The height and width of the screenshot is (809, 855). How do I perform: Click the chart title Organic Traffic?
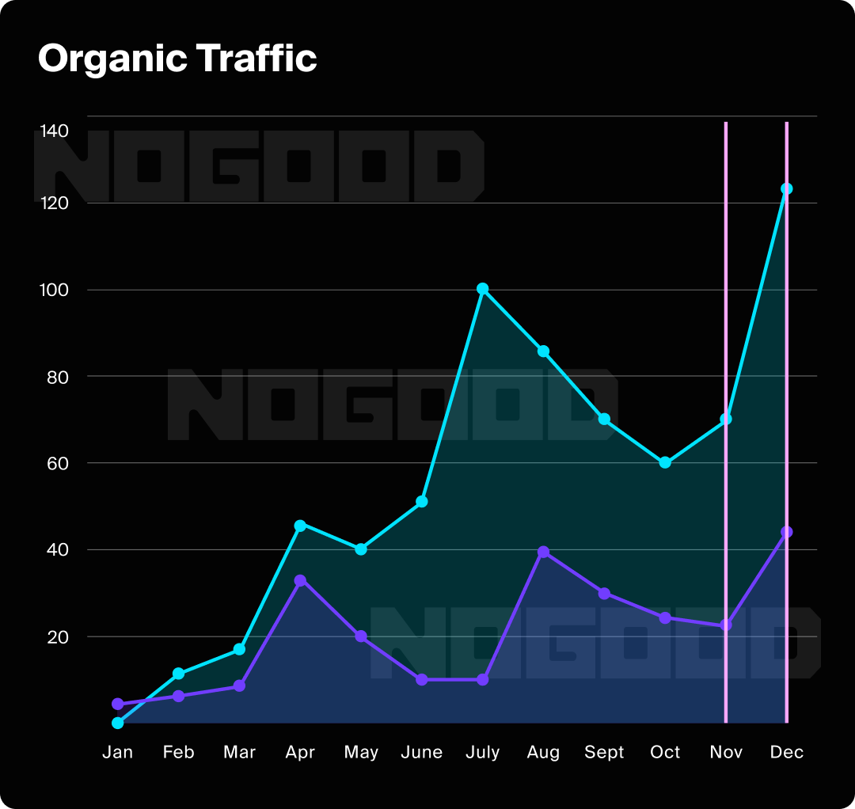[x=177, y=59]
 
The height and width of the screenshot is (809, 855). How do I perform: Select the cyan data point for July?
[x=482, y=289]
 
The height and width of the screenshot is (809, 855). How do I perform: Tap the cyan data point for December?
[x=786, y=188]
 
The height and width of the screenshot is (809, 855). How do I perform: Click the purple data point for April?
[x=300, y=580]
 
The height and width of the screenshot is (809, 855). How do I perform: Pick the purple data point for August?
[x=543, y=552]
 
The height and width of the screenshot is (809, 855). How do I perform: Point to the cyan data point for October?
[x=665, y=462]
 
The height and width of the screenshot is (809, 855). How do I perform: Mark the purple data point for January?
[x=118, y=704]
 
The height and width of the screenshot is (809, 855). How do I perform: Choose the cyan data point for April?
[x=300, y=525]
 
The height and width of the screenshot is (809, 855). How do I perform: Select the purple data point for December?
[x=786, y=532]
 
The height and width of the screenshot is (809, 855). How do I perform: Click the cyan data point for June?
[x=422, y=502]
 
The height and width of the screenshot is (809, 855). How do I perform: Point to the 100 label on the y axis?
[x=54, y=289]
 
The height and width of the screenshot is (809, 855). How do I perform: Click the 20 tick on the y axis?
[x=58, y=636]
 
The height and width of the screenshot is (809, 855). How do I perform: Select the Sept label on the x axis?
[x=604, y=752]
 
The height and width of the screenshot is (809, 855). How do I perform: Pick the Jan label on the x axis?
[x=118, y=752]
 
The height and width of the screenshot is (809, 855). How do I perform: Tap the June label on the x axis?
[x=422, y=752]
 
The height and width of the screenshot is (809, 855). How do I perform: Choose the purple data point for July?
[x=482, y=679]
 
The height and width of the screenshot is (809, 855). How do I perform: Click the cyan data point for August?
[x=543, y=351]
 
